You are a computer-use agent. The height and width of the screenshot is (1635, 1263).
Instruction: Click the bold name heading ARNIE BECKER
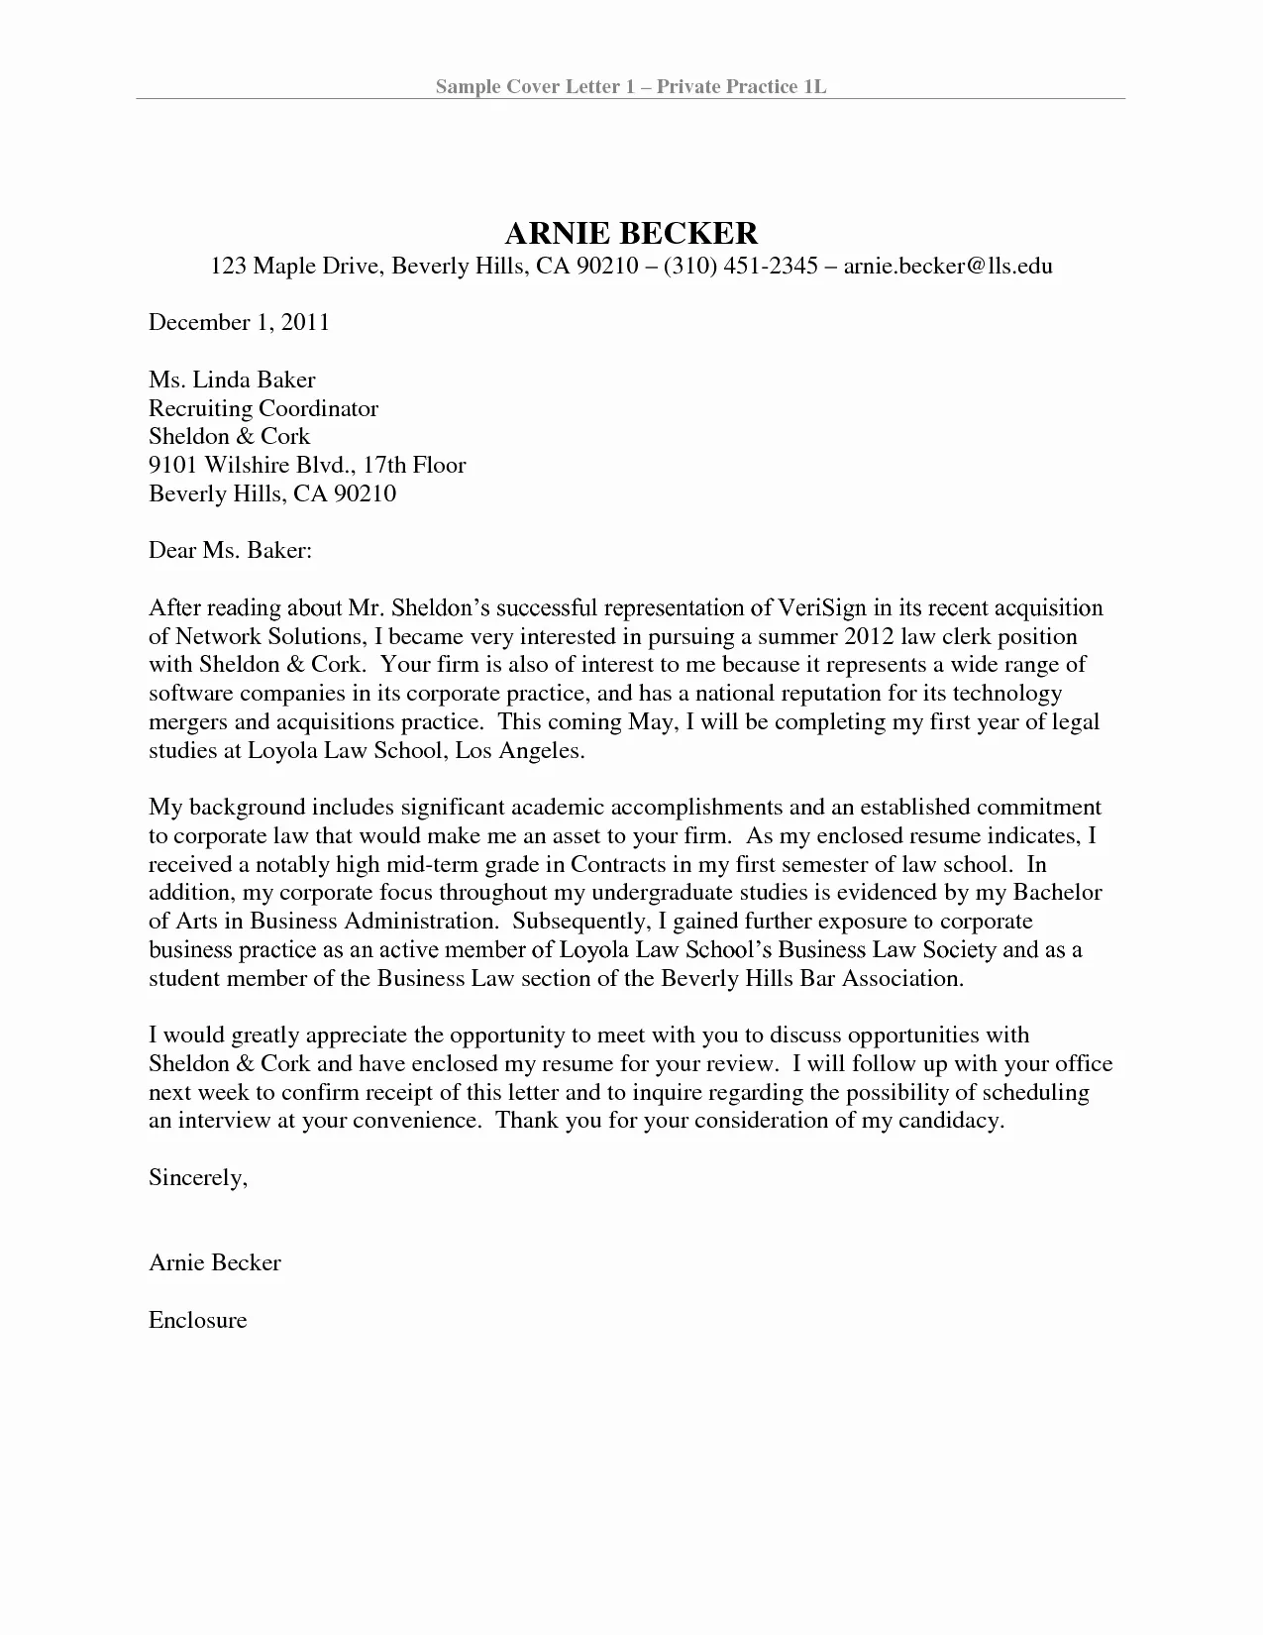pyautogui.click(x=631, y=233)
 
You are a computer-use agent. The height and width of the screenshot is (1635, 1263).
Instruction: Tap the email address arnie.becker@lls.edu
pyautogui.click(x=947, y=266)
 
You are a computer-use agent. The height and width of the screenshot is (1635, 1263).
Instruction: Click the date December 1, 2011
pyautogui.click(x=239, y=322)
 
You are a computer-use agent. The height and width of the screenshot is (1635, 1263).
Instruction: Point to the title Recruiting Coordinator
pyautogui.click(x=263, y=408)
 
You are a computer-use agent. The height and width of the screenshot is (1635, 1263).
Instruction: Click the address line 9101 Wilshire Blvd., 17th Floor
pyautogui.click(x=307, y=465)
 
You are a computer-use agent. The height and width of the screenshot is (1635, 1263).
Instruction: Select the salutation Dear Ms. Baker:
pyautogui.click(x=231, y=550)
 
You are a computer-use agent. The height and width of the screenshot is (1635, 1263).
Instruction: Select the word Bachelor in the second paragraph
pyautogui.click(x=1060, y=893)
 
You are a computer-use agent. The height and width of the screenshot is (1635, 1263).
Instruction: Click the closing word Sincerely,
pyautogui.click(x=197, y=1177)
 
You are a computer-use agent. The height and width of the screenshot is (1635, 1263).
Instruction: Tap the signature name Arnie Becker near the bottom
pyautogui.click(x=215, y=1262)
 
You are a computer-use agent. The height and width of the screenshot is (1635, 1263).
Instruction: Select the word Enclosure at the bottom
pyautogui.click(x=197, y=1320)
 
